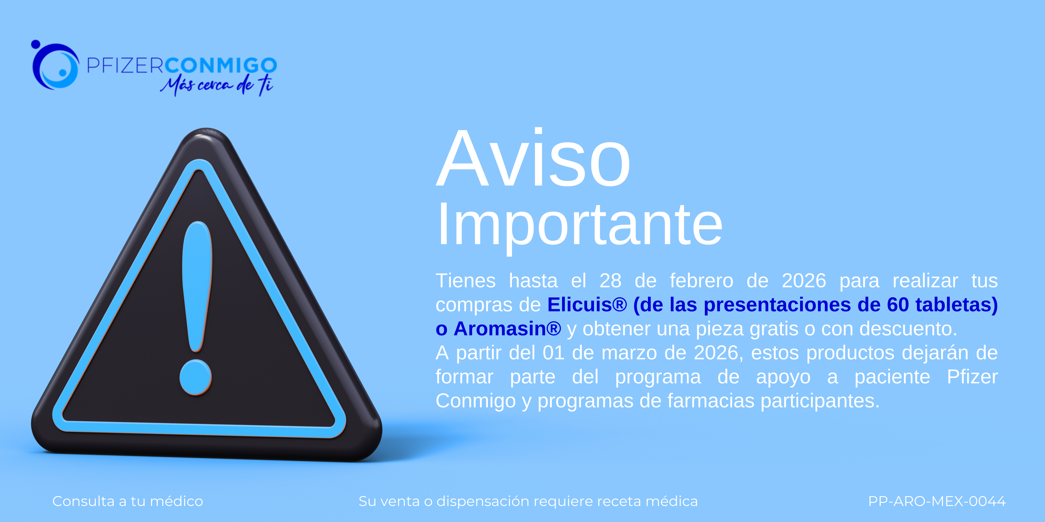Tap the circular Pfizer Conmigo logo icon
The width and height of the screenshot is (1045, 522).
click(55, 65)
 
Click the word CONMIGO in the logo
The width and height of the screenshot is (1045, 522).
click(221, 65)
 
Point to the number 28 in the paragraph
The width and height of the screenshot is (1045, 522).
click(610, 281)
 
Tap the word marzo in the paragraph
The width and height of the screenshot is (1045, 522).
click(630, 353)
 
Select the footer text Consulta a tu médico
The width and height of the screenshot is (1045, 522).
click(128, 501)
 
